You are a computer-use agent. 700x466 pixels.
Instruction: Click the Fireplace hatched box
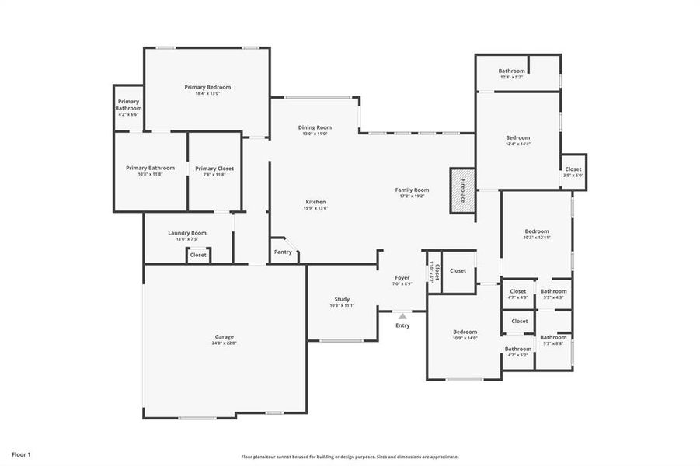click(462, 190)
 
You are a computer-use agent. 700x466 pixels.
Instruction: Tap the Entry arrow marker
click(402, 316)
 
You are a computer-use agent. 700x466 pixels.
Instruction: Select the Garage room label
click(225, 337)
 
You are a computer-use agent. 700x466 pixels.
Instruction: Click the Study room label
click(342, 299)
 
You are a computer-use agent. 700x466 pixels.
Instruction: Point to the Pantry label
click(283, 252)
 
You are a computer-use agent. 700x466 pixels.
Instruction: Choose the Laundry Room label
click(187, 233)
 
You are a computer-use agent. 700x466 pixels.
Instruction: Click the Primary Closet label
click(214, 168)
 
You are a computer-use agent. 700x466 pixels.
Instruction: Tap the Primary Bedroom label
click(207, 87)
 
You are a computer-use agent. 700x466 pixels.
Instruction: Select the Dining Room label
click(315, 127)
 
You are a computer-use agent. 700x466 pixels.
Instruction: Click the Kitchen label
click(315, 202)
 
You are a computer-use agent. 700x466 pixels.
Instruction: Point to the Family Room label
click(412, 190)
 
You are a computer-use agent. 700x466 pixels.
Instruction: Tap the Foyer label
click(402, 277)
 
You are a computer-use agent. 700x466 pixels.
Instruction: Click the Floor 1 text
click(21, 454)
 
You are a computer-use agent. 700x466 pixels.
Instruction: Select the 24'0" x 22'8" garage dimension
click(225, 343)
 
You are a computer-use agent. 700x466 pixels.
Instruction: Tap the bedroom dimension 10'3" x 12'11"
click(537, 238)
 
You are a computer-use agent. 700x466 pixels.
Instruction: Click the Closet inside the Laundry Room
click(198, 255)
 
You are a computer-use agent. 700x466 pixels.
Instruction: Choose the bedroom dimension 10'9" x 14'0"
click(465, 338)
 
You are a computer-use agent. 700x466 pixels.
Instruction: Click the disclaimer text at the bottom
click(350, 457)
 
